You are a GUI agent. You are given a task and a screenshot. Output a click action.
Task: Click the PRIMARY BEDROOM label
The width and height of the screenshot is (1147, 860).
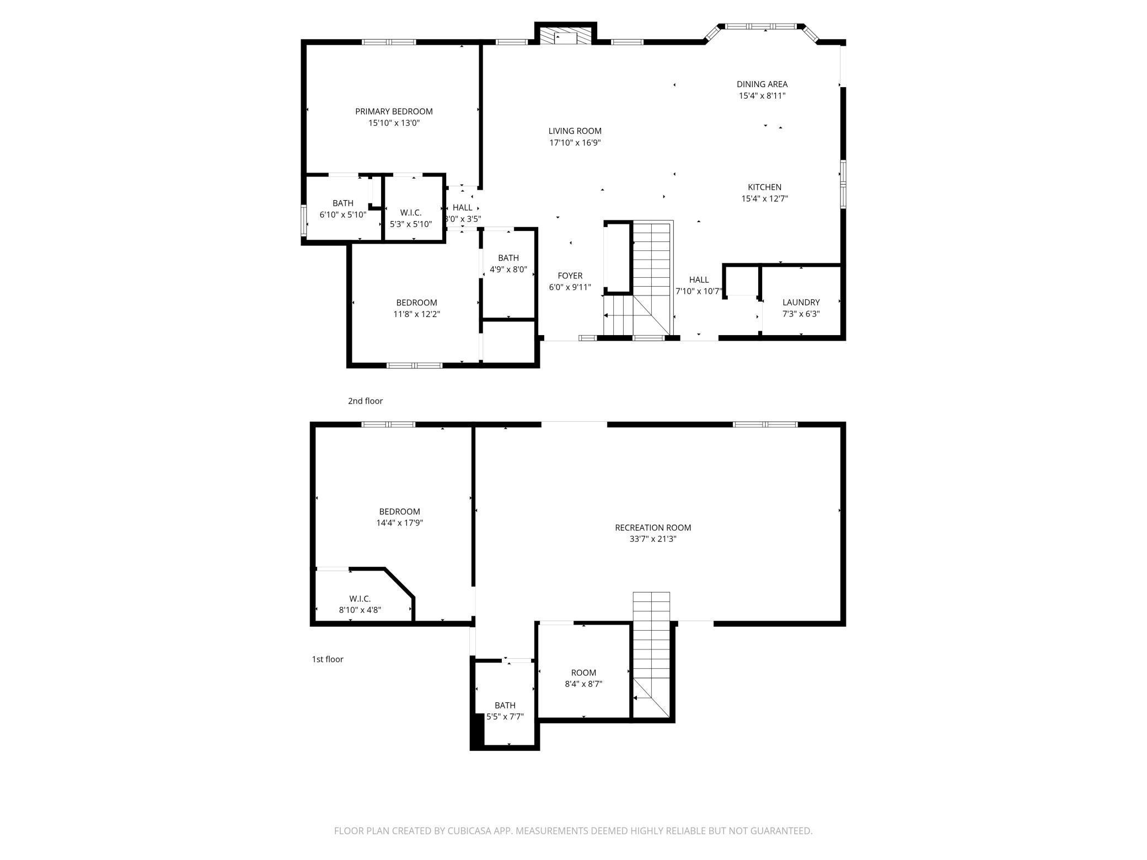point(394,111)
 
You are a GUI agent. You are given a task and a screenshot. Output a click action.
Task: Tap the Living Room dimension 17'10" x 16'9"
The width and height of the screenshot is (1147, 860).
point(575,143)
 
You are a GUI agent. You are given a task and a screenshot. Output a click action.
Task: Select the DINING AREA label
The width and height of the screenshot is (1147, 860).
point(762,84)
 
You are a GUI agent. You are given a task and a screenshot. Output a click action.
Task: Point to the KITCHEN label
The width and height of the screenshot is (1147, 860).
point(764,187)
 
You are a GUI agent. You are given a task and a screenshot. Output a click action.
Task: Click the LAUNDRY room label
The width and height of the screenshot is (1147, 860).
point(801,303)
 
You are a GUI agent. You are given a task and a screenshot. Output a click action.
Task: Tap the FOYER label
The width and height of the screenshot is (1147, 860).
point(570,276)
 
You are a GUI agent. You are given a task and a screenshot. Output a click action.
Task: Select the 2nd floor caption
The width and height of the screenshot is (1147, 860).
point(365,401)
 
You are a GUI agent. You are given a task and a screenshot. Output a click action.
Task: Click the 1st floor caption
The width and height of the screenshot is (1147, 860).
point(328,659)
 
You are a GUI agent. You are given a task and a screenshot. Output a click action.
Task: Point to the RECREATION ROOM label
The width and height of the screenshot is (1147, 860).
point(653,528)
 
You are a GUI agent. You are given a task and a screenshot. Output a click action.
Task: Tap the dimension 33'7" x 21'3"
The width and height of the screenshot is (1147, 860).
point(653,539)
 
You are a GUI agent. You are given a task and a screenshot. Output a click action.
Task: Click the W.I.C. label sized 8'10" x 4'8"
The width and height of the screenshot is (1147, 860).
point(360,599)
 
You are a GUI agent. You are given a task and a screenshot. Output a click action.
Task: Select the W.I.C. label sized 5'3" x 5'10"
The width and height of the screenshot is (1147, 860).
point(411,213)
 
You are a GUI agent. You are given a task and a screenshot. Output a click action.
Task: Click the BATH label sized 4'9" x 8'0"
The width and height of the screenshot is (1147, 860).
point(508,258)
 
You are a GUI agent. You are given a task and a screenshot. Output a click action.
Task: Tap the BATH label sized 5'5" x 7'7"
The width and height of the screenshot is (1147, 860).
point(505,706)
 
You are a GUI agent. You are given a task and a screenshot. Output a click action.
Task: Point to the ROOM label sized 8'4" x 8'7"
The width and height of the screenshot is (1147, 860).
point(583,673)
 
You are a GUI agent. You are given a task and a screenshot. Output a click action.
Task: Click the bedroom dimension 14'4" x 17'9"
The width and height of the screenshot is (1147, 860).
point(399,523)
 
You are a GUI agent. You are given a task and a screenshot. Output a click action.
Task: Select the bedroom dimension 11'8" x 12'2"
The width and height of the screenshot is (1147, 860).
point(416,314)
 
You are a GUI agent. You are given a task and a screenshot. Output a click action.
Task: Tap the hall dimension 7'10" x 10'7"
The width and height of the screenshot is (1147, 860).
point(699,292)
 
